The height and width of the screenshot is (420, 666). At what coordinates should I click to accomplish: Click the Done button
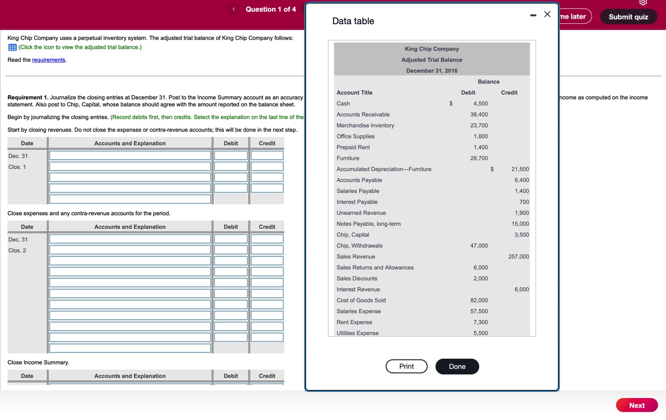click(x=457, y=366)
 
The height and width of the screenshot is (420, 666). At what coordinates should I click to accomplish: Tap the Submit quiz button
click(x=628, y=17)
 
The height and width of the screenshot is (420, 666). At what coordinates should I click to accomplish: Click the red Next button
click(x=637, y=405)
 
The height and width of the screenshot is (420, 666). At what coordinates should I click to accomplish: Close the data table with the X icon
click(x=547, y=14)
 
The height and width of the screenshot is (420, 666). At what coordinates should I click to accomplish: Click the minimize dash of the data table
click(x=533, y=15)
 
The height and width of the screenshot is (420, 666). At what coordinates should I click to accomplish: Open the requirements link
click(x=49, y=60)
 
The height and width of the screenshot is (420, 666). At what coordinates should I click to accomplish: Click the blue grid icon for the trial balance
click(x=12, y=47)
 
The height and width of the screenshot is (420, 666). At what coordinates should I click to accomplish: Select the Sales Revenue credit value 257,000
click(x=519, y=256)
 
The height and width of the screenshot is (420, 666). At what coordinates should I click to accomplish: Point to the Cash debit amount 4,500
click(x=481, y=104)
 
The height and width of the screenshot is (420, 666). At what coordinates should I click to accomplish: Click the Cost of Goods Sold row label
click(x=361, y=300)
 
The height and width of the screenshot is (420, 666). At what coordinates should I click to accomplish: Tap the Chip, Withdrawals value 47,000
click(x=479, y=245)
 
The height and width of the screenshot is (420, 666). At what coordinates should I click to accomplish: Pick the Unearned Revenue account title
click(x=361, y=213)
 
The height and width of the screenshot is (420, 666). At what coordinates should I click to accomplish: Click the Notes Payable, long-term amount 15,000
click(x=520, y=224)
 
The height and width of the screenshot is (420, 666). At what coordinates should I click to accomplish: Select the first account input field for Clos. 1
click(x=130, y=155)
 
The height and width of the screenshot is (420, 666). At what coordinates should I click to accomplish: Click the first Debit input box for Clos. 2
click(x=231, y=239)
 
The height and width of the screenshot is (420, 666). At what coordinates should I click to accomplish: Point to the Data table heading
click(x=353, y=21)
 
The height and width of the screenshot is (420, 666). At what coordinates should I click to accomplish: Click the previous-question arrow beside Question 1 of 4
click(x=234, y=9)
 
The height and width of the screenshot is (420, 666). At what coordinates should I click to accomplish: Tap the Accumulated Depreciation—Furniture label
click(x=384, y=169)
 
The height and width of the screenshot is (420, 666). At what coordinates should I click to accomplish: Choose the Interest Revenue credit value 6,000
click(x=522, y=289)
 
